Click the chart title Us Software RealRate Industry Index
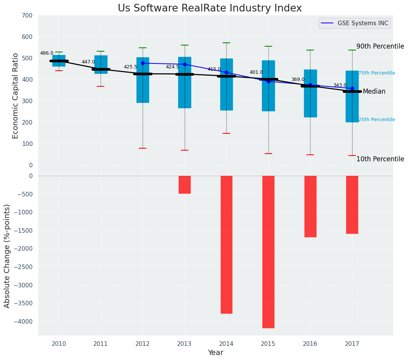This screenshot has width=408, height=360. coord(210,8)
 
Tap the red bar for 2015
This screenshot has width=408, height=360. coord(268,251)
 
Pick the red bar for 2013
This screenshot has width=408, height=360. coord(185,185)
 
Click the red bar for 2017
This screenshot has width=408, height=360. coord(352,204)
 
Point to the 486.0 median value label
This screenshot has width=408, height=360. coord(47,54)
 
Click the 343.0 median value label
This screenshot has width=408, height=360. coord(340,86)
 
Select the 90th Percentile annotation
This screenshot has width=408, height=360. coord(380,47)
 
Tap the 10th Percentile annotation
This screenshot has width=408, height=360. coord(380,159)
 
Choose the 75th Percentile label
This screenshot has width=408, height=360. coord(376,73)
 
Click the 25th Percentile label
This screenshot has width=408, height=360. coord(376,120)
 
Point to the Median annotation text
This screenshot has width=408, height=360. coord(374,92)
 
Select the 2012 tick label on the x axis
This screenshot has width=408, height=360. coord(143,344)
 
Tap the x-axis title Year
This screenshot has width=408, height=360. coord(216,353)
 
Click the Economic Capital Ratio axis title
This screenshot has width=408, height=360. coord(16,96)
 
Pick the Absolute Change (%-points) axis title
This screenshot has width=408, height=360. coord(7,256)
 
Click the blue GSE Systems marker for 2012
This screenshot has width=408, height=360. coord(143,63)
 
